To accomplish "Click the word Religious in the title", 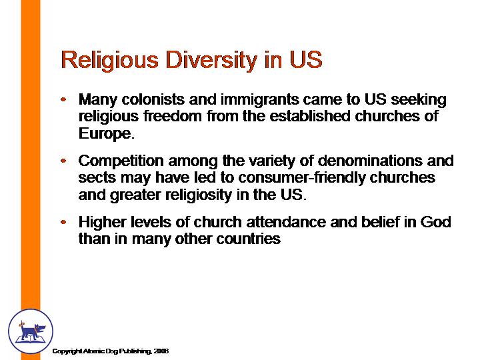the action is point(110,61).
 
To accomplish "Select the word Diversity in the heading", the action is point(211,61).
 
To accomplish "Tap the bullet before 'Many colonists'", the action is point(63,99).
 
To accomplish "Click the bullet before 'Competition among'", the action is point(63,161).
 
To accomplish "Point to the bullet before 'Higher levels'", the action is point(63,222).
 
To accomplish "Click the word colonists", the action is point(153,99).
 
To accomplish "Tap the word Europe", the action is point(106,134).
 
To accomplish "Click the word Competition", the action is point(121,161).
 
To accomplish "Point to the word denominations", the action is point(370,161).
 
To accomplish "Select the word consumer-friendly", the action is point(301,178).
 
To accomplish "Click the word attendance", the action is point(286,222).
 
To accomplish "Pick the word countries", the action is point(248,239).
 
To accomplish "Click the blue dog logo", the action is point(31,331).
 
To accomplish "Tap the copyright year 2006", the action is point(161,351).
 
